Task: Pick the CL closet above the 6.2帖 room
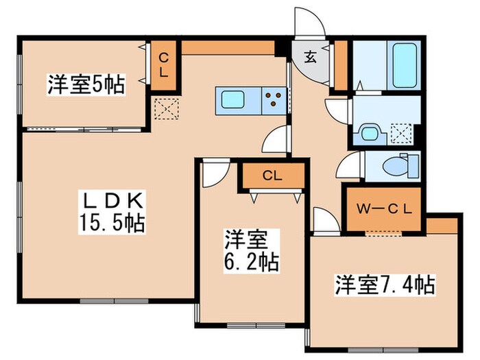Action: coord(272,175)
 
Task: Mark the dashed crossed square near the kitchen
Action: coord(165,108)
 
